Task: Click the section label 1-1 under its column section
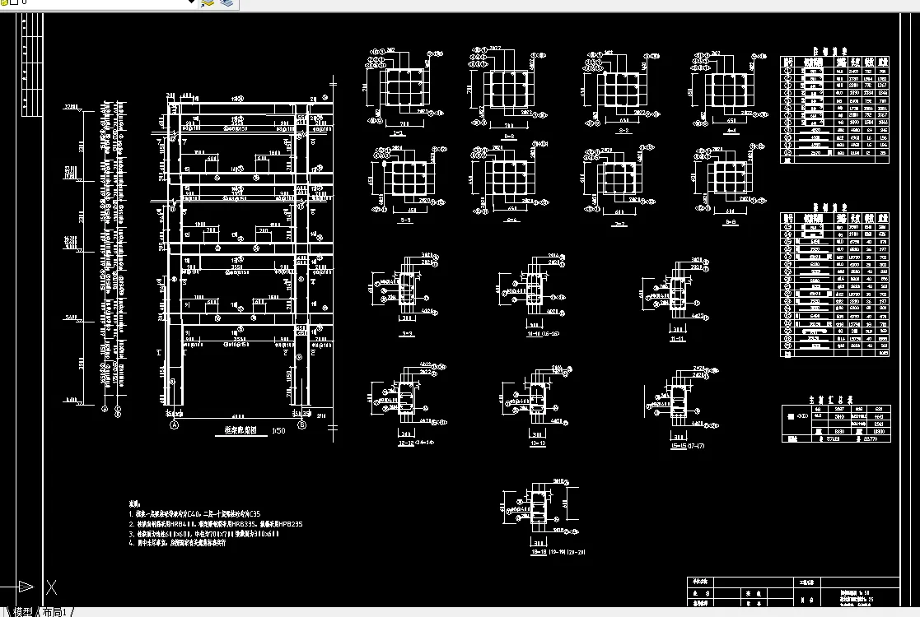click(398, 131)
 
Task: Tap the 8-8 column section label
click(731, 221)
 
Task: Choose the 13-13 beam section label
click(538, 443)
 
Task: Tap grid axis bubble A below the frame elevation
click(174, 425)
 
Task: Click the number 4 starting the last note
click(131, 543)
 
